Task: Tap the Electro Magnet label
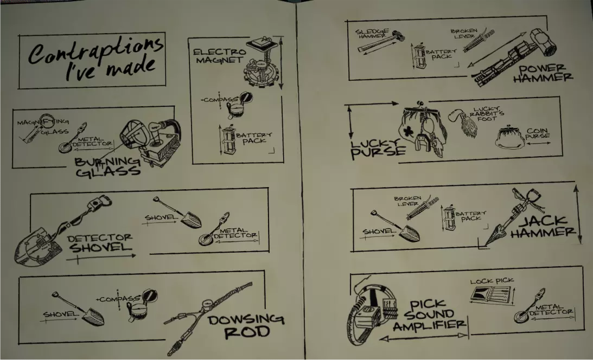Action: (x=219, y=55)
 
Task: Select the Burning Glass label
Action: (x=108, y=167)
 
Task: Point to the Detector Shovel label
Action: (x=100, y=243)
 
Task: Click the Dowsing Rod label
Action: (x=246, y=326)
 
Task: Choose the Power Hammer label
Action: (x=543, y=73)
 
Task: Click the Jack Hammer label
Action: (x=544, y=227)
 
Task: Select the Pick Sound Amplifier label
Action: (x=429, y=315)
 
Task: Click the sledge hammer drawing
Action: (x=380, y=41)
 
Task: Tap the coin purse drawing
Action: (x=509, y=139)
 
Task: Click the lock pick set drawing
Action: (x=490, y=294)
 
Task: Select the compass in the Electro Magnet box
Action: (x=239, y=105)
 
